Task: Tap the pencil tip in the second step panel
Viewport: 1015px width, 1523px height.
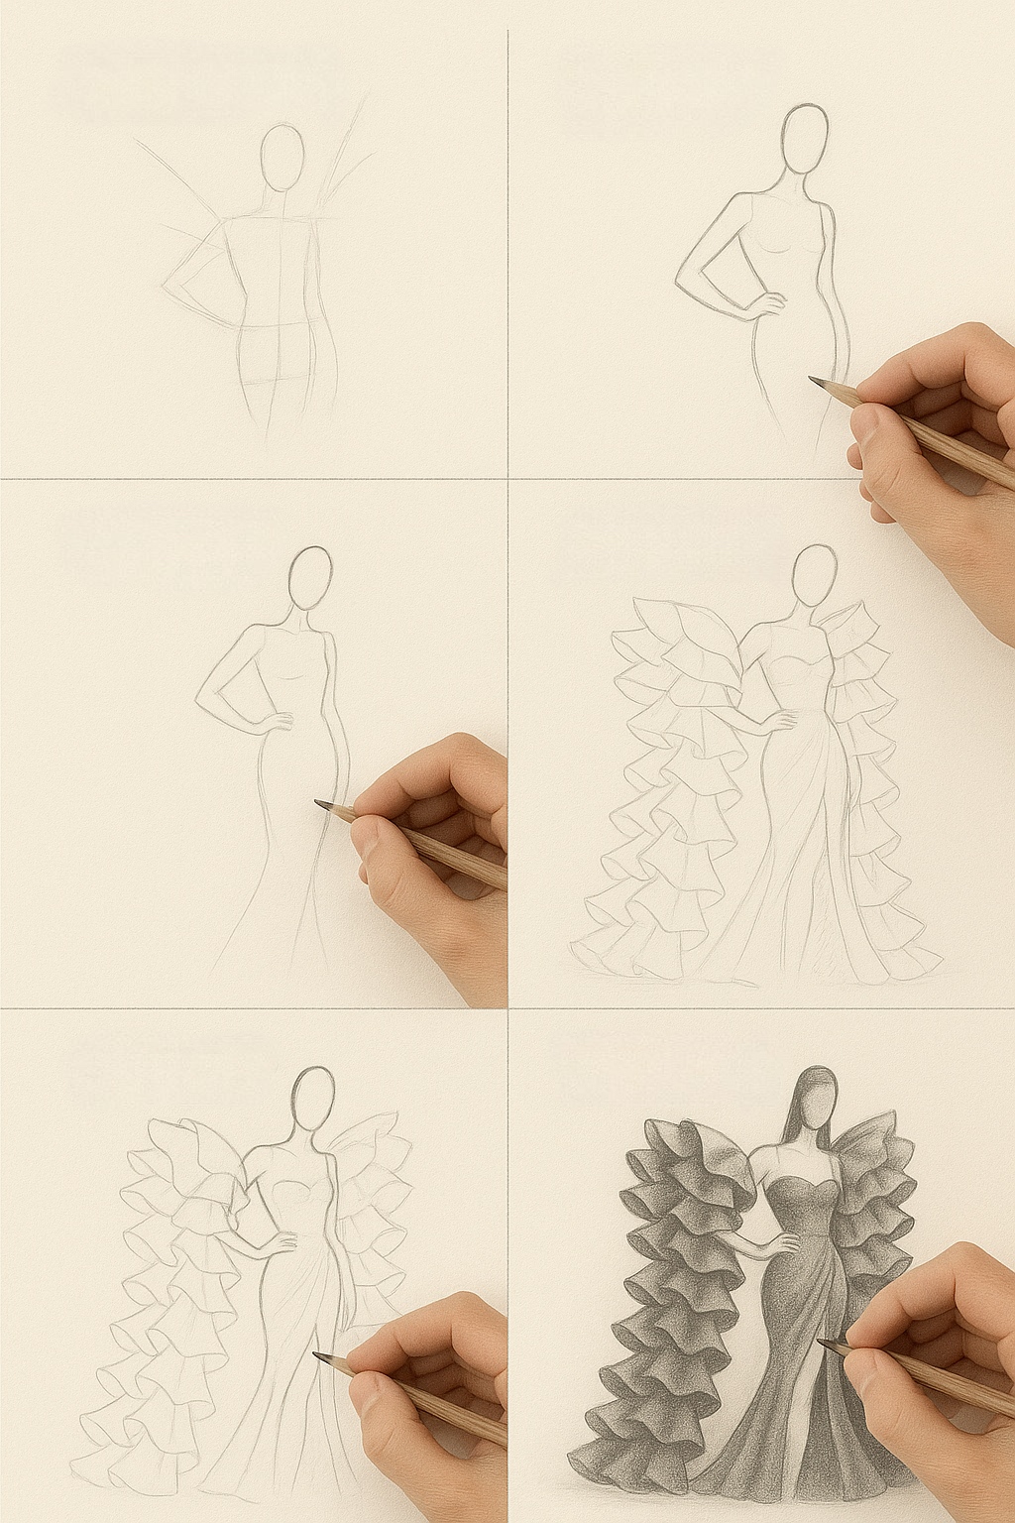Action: [813, 380]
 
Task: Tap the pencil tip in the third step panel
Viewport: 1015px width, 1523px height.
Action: [318, 803]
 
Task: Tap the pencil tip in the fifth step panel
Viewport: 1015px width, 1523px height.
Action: [316, 1355]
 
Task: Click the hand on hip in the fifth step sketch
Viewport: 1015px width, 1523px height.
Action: [281, 1245]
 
